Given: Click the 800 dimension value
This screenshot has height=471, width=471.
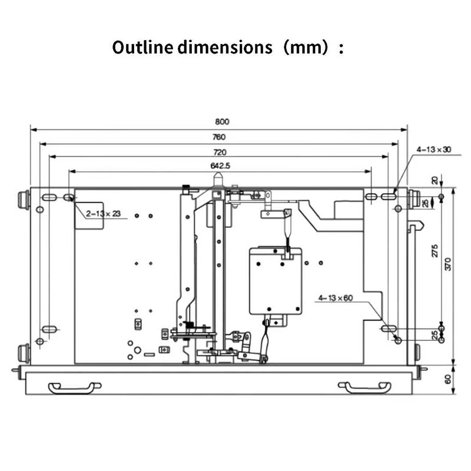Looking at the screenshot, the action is point(222,122).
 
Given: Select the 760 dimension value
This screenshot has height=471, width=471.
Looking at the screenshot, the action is point(219,137).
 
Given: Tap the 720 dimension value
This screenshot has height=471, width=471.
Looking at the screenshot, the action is point(220,152).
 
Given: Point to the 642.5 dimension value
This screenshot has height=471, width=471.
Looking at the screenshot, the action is point(220,166).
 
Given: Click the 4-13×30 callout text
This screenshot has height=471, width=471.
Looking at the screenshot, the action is point(434,150).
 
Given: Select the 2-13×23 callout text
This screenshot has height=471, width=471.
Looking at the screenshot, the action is point(104,214).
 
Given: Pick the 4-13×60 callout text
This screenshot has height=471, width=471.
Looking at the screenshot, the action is point(336,298).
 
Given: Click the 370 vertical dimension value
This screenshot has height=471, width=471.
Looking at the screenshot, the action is point(448,264).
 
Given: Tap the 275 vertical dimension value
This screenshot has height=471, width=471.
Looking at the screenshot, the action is point(434,251).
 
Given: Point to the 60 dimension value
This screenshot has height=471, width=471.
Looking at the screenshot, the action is point(448,379).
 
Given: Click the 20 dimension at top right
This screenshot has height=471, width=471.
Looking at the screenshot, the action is point(434,180).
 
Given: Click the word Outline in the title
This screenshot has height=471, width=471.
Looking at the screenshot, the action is point(142,47).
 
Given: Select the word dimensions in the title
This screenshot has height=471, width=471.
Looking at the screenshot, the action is point(225,47).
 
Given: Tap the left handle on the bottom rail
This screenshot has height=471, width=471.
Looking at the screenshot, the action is point(75,387).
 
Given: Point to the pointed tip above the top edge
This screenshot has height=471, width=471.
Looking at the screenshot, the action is point(218,174).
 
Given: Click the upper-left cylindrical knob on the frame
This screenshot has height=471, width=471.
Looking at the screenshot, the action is point(24,200).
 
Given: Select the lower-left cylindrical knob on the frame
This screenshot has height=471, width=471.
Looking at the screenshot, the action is point(24,354).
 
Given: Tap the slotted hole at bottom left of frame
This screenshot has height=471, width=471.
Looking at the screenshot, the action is point(49,329).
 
